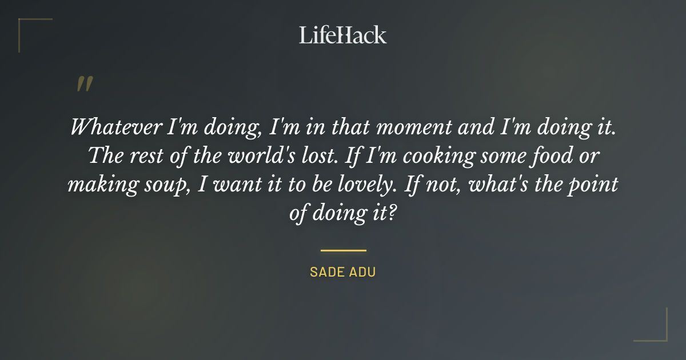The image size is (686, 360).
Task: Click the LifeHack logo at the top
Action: tap(342, 35)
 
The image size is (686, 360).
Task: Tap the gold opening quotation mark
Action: tap(85, 84)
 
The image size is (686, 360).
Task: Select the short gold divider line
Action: tap(343, 250)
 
